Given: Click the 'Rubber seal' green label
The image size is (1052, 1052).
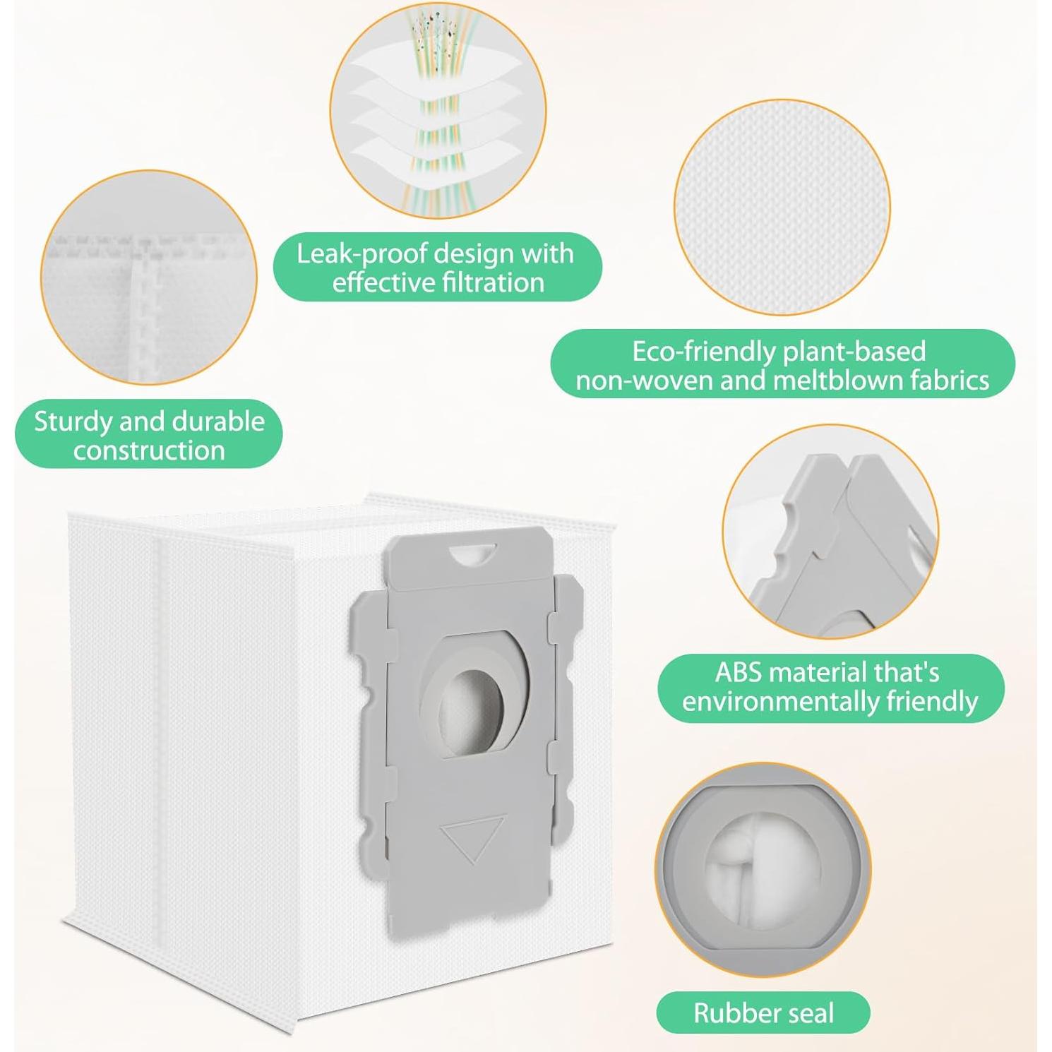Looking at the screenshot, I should click(763, 1012).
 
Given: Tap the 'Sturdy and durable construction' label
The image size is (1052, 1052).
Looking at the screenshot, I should click(149, 435).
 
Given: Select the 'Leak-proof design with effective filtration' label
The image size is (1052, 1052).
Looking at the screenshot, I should click(437, 268).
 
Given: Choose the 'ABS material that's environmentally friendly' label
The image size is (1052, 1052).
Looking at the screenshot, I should click(830, 687).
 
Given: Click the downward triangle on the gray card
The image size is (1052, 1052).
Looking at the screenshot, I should click(472, 836).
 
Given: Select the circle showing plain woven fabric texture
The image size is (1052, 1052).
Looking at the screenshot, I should click(782, 207).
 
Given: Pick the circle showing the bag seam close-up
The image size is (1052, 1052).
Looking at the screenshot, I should click(149, 277).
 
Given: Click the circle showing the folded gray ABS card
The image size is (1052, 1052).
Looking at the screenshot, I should click(830, 532).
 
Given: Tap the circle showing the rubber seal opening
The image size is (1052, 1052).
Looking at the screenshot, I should click(763, 869).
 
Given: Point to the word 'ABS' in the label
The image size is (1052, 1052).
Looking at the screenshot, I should click(739, 672).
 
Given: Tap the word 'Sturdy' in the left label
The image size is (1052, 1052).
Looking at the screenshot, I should click(73, 421).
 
